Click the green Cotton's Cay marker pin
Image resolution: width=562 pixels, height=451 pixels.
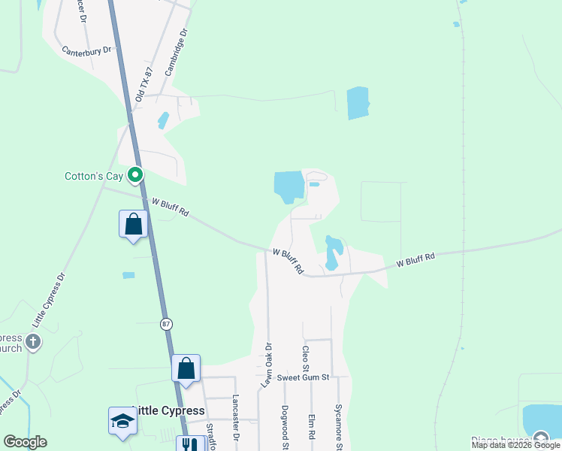[136, 176]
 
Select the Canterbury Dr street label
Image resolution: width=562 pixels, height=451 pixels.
[86, 50]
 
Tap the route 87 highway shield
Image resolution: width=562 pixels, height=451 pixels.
[165, 323]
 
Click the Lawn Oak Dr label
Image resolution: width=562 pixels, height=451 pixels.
[266, 365]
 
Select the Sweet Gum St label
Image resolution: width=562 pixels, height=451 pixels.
[304, 378]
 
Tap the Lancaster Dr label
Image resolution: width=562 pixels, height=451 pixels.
[235, 418]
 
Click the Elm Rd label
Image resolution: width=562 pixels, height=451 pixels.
[311, 427]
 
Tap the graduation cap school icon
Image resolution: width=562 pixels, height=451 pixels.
[122, 422]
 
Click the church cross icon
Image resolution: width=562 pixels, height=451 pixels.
[32, 342]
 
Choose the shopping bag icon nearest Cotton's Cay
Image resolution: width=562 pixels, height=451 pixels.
[133, 224]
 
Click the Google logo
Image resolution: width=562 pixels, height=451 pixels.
[25, 442]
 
